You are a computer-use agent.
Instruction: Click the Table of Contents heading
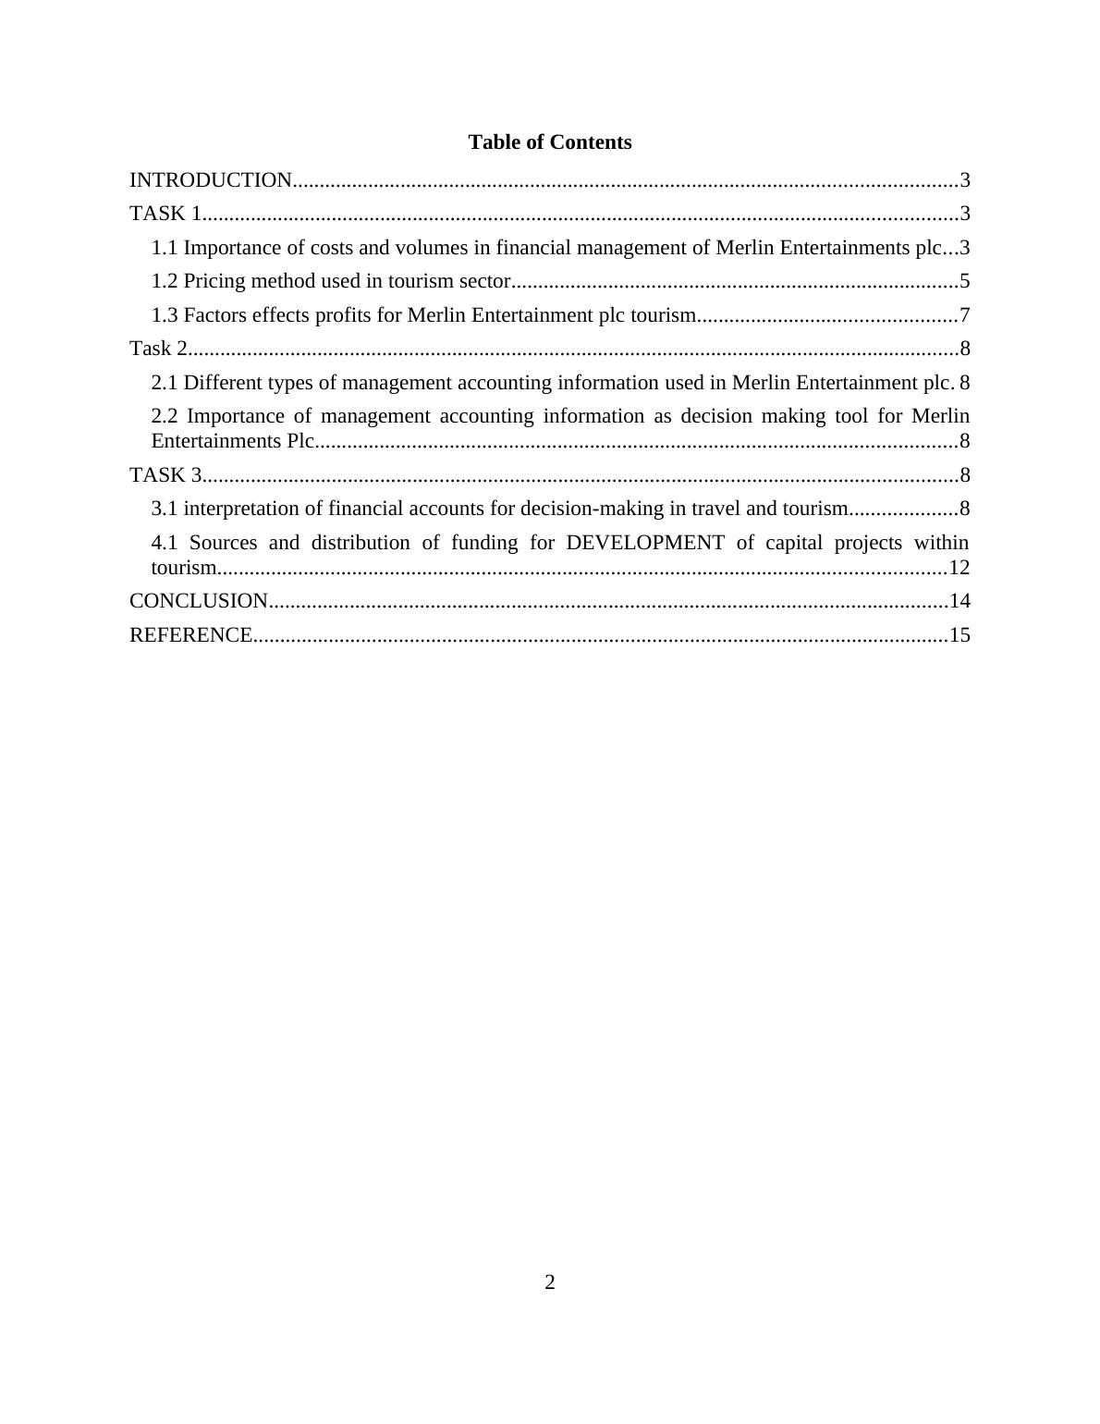pyautogui.click(x=549, y=142)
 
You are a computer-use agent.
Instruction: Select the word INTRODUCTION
pyautogui.click(x=211, y=180)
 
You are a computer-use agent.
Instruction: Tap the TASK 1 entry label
pyautogui.click(x=165, y=214)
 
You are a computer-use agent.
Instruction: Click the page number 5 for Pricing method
pyautogui.click(x=964, y=281)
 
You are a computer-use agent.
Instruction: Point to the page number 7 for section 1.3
pyautogui.click(x=964, y=315)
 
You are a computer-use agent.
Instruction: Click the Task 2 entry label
pyautogui.click(x=159, y=349)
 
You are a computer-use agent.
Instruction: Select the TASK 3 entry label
pyautogui.click(x=165, y=475)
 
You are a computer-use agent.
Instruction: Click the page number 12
pyautogui.click(x=959, y=567)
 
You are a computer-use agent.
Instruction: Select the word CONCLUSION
pyautogui.click(x=199, y=601)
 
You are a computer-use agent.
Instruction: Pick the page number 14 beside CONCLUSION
pyautogui.click(x=959, y=601)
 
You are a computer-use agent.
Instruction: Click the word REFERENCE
pyautogui.click(x=190, y=635)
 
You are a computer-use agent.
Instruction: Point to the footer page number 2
pyautogui.click(x=550, y=1283)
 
